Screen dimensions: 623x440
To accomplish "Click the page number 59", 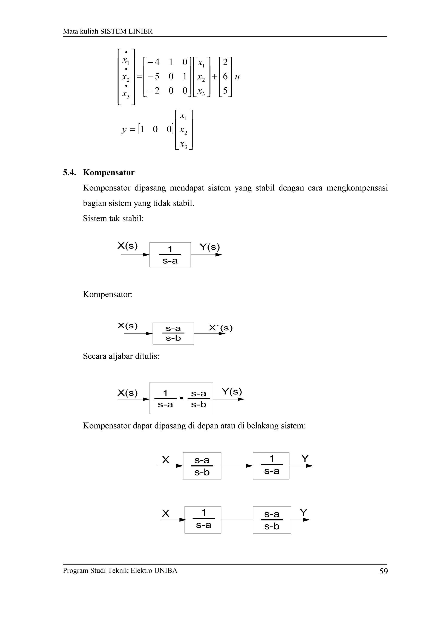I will [x=383, y=571].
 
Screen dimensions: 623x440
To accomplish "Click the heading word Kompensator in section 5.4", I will [x=108, y=173].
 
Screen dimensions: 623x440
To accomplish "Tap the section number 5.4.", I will [x=69, y=173].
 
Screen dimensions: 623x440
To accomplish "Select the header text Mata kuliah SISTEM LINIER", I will [x=108, y=31].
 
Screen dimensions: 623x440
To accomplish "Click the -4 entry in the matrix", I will [x=153, y=62].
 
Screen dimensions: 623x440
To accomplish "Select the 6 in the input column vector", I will [x=225, y=77].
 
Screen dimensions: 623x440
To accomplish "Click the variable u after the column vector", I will [x=237, y=77].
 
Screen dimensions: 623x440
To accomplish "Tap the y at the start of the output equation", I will [x=124, y=129].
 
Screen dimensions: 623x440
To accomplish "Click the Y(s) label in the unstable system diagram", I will [x=209, y=247].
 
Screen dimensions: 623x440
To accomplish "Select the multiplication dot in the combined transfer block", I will [x=181, y=398].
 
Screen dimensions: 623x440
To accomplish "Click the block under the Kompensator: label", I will [x=173, y=333].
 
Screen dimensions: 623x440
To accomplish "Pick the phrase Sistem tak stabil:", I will [x=113, y=218].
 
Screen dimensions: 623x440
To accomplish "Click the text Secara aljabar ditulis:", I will [x=121, y=356].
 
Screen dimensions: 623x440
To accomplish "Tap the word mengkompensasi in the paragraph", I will [x=357, y=188].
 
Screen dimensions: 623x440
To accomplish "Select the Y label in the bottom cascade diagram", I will [x=303, y=513].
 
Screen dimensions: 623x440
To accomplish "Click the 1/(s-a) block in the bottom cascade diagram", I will [x=203, y=520].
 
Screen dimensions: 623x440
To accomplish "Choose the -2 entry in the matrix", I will [x=153, y=91].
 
